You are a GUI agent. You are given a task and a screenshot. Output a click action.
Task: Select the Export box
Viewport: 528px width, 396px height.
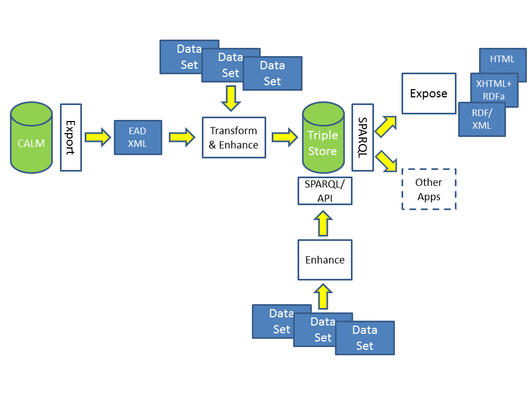tap(70, 137)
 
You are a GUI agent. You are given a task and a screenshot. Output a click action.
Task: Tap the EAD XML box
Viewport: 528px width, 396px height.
tap(137, 137)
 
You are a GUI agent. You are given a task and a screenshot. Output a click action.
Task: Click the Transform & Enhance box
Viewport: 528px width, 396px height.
tap(234, 137)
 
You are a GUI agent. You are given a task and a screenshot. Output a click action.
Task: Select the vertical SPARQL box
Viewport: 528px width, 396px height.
tap(362, 137)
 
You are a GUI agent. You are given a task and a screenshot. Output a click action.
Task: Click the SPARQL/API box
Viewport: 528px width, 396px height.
tap(324, 191)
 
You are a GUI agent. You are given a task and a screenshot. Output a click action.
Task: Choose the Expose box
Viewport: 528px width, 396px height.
tap(428, 94)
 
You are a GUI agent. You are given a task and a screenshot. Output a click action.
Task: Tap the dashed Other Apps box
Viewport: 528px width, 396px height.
tap(428, 189)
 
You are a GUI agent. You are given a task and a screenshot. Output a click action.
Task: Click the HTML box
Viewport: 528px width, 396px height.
tap(502, 59)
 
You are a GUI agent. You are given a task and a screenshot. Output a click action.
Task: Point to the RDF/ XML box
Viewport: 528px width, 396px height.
tap(481, 119)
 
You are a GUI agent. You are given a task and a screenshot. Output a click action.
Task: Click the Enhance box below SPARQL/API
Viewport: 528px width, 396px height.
tap(324, 260)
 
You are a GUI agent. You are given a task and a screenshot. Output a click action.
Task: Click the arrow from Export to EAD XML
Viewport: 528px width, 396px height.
tap(98, 137)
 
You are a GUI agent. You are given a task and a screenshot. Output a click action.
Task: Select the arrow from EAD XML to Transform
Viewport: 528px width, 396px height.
tap(182, 137)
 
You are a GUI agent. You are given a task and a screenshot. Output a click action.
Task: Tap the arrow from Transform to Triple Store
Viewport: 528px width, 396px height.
tap(284, 137)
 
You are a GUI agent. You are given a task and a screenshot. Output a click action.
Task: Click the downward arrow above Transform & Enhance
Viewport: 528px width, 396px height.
tap(230, 98)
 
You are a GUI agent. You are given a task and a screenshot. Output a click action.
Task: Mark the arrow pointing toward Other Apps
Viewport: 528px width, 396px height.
tap(387, 162)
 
